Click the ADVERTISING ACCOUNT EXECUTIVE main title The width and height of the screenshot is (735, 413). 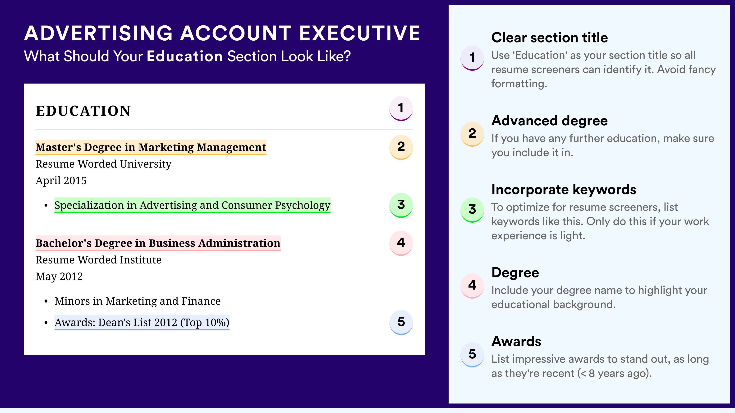222,33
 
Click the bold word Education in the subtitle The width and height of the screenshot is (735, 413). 185,56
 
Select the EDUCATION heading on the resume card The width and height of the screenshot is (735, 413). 83,111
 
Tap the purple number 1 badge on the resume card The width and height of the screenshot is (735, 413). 401,108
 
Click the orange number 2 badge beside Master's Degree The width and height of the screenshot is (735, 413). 401,147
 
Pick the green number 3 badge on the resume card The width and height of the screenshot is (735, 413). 401,205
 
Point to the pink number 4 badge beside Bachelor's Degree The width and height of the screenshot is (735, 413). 401,243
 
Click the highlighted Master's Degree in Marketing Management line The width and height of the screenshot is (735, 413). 151,147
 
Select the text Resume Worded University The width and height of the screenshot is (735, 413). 104,164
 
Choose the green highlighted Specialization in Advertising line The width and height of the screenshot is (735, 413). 192,205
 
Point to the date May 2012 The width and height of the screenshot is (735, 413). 59,277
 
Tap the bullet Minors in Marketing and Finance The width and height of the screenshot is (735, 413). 138,301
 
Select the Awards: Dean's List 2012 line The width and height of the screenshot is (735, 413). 142,323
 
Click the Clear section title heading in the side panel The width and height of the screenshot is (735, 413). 550,38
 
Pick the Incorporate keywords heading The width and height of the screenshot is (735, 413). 564,189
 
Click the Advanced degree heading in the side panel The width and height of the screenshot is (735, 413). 550,121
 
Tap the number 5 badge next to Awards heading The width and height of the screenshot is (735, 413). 472,354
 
